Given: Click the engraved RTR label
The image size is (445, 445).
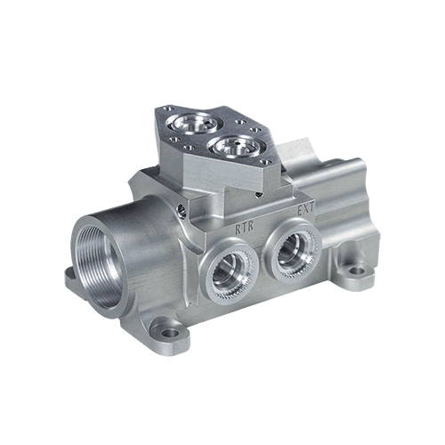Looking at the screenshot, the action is point(244,228).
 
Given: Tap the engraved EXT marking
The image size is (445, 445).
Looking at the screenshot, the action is point(305,209).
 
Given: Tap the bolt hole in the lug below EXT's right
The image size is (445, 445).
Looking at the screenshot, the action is point(356,271).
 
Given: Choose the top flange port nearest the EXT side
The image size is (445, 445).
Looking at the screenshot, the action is point(237,146).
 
